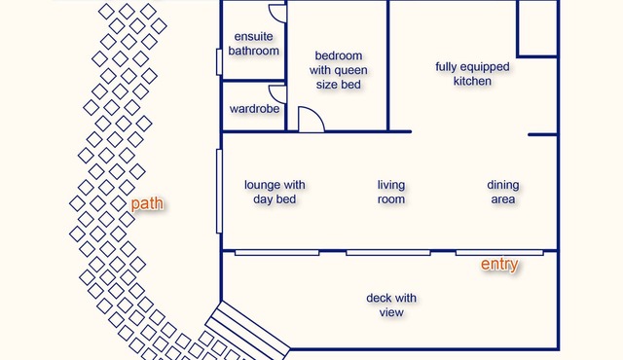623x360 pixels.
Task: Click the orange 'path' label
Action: [x=147, y=204]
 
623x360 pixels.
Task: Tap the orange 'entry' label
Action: [x=499, y=264]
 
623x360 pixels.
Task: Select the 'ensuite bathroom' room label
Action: [x=253, y=44]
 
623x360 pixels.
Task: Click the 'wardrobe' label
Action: [x=254, y=109]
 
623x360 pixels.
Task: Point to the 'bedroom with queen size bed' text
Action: [x=338, y=70]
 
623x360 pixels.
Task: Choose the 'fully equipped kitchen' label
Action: [x=472, y=74]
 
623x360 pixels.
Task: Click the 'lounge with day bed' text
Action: [x=275, y=192]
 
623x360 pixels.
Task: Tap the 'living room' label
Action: [x=391, y=192]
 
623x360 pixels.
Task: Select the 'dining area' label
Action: [x=503, y=192]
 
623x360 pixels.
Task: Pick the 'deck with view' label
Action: [x=391, y=306]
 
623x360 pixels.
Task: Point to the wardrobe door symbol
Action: [x=278, y=94]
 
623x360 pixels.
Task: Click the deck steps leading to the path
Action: [x=248, y=330]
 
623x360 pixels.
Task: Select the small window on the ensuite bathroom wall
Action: [x=219, y=62]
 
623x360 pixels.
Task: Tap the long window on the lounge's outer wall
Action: [x=219, y=192]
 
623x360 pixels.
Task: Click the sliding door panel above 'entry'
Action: [x=499, y=253]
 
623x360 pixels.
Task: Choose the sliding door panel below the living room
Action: [x=388, y=253]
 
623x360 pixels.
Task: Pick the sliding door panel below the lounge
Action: [x=276, y=253]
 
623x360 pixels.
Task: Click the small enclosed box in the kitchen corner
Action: [x=537, y=28]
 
